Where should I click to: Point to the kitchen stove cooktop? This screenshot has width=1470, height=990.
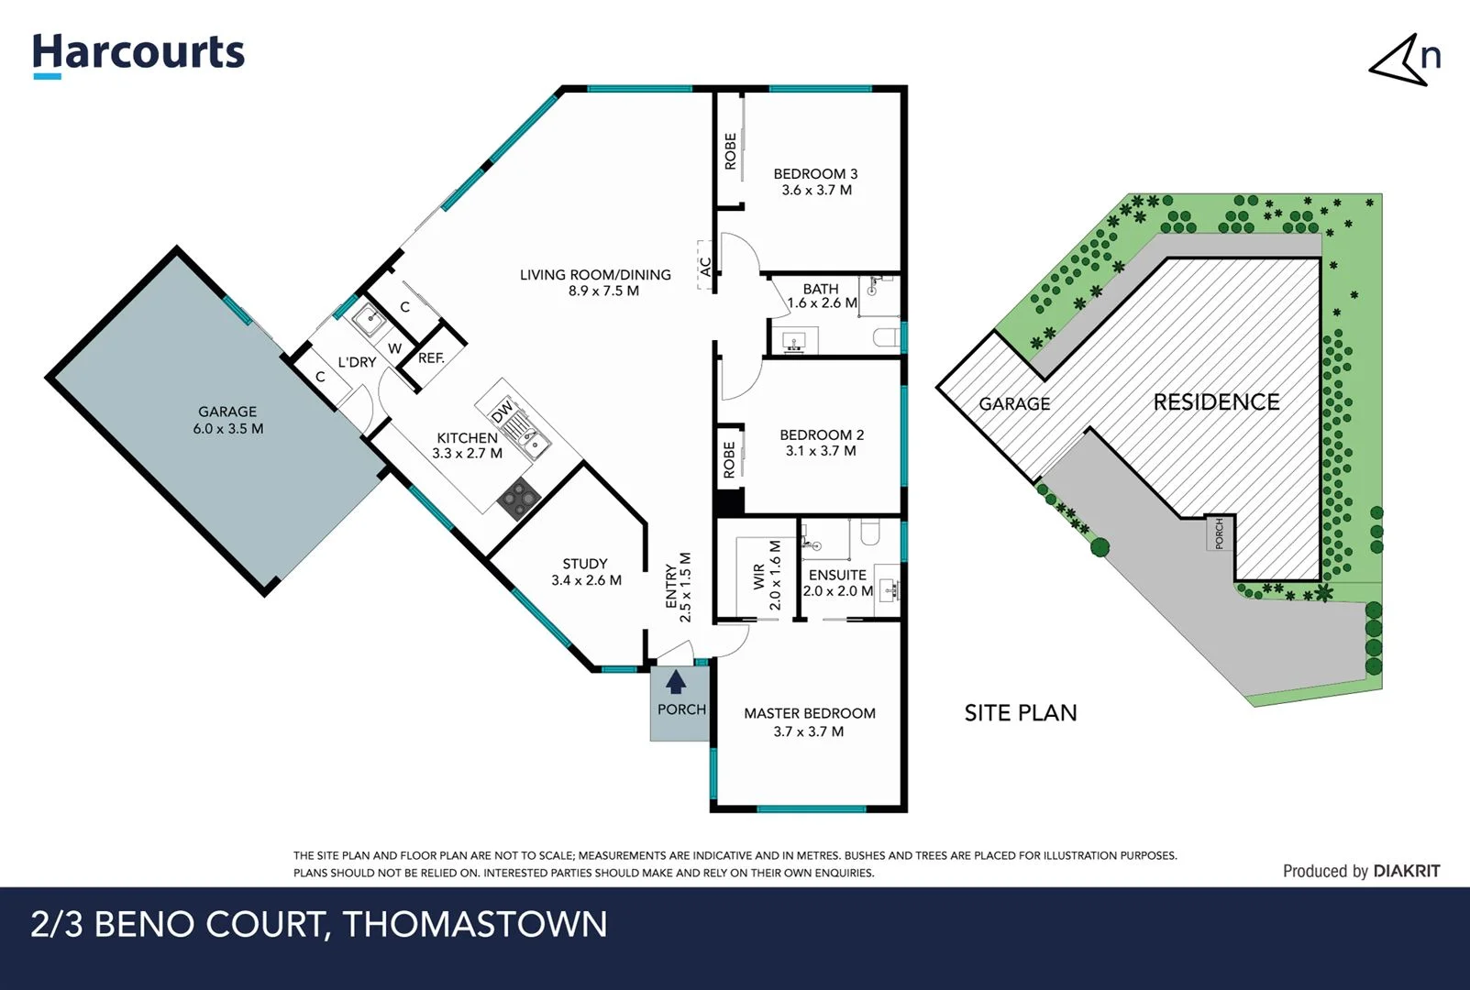tap(518, 500)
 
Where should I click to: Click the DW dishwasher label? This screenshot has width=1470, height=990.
tap(502, 412)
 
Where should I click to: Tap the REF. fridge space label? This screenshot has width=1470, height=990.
tap(431, 358)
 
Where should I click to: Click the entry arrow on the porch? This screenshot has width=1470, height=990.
tap(676, 681)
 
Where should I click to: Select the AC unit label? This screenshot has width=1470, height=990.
tap(705, 266)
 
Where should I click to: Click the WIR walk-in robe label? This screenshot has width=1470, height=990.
tap(758, 576)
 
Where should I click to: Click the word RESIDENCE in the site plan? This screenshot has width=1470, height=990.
tap(1216, 402)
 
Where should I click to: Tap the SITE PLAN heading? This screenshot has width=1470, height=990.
tap(1020, 713)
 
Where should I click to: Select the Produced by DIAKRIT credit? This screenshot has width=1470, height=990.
tap(1361, 871)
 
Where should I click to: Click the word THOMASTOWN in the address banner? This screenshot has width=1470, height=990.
tap(475, 924)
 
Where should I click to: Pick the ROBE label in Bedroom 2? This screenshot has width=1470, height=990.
tap(729, 460)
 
